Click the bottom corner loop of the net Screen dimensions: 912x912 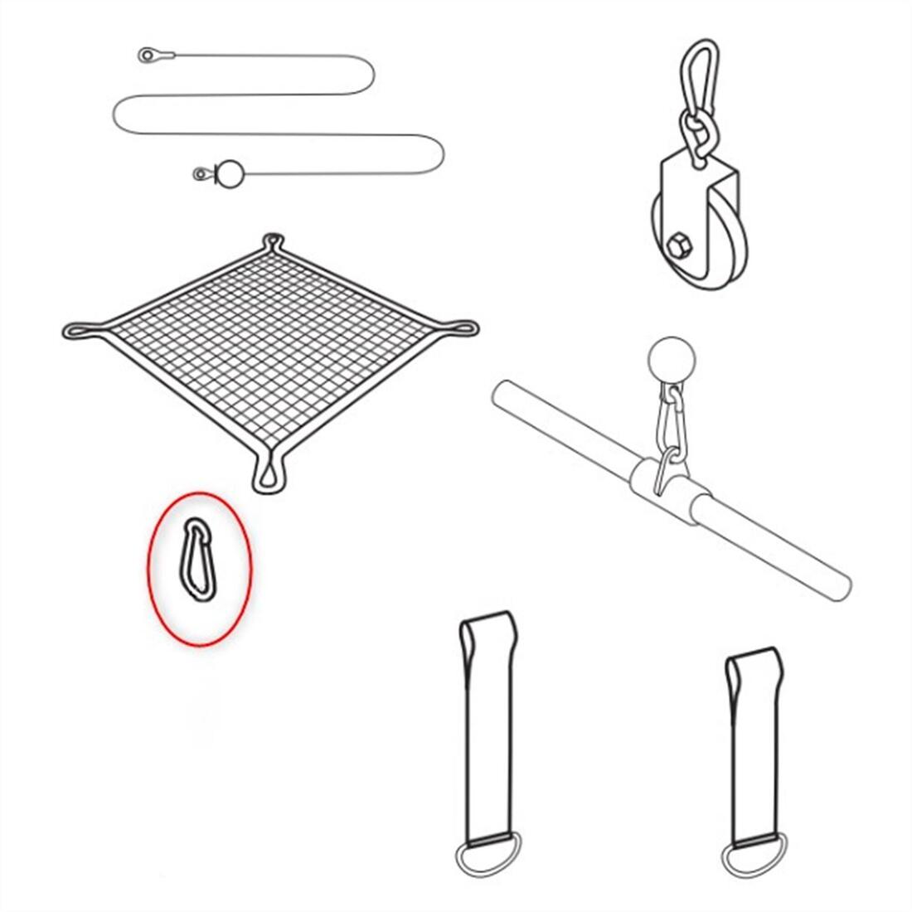(x=269, y=474)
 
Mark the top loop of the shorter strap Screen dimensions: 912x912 (x=753, y=667)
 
